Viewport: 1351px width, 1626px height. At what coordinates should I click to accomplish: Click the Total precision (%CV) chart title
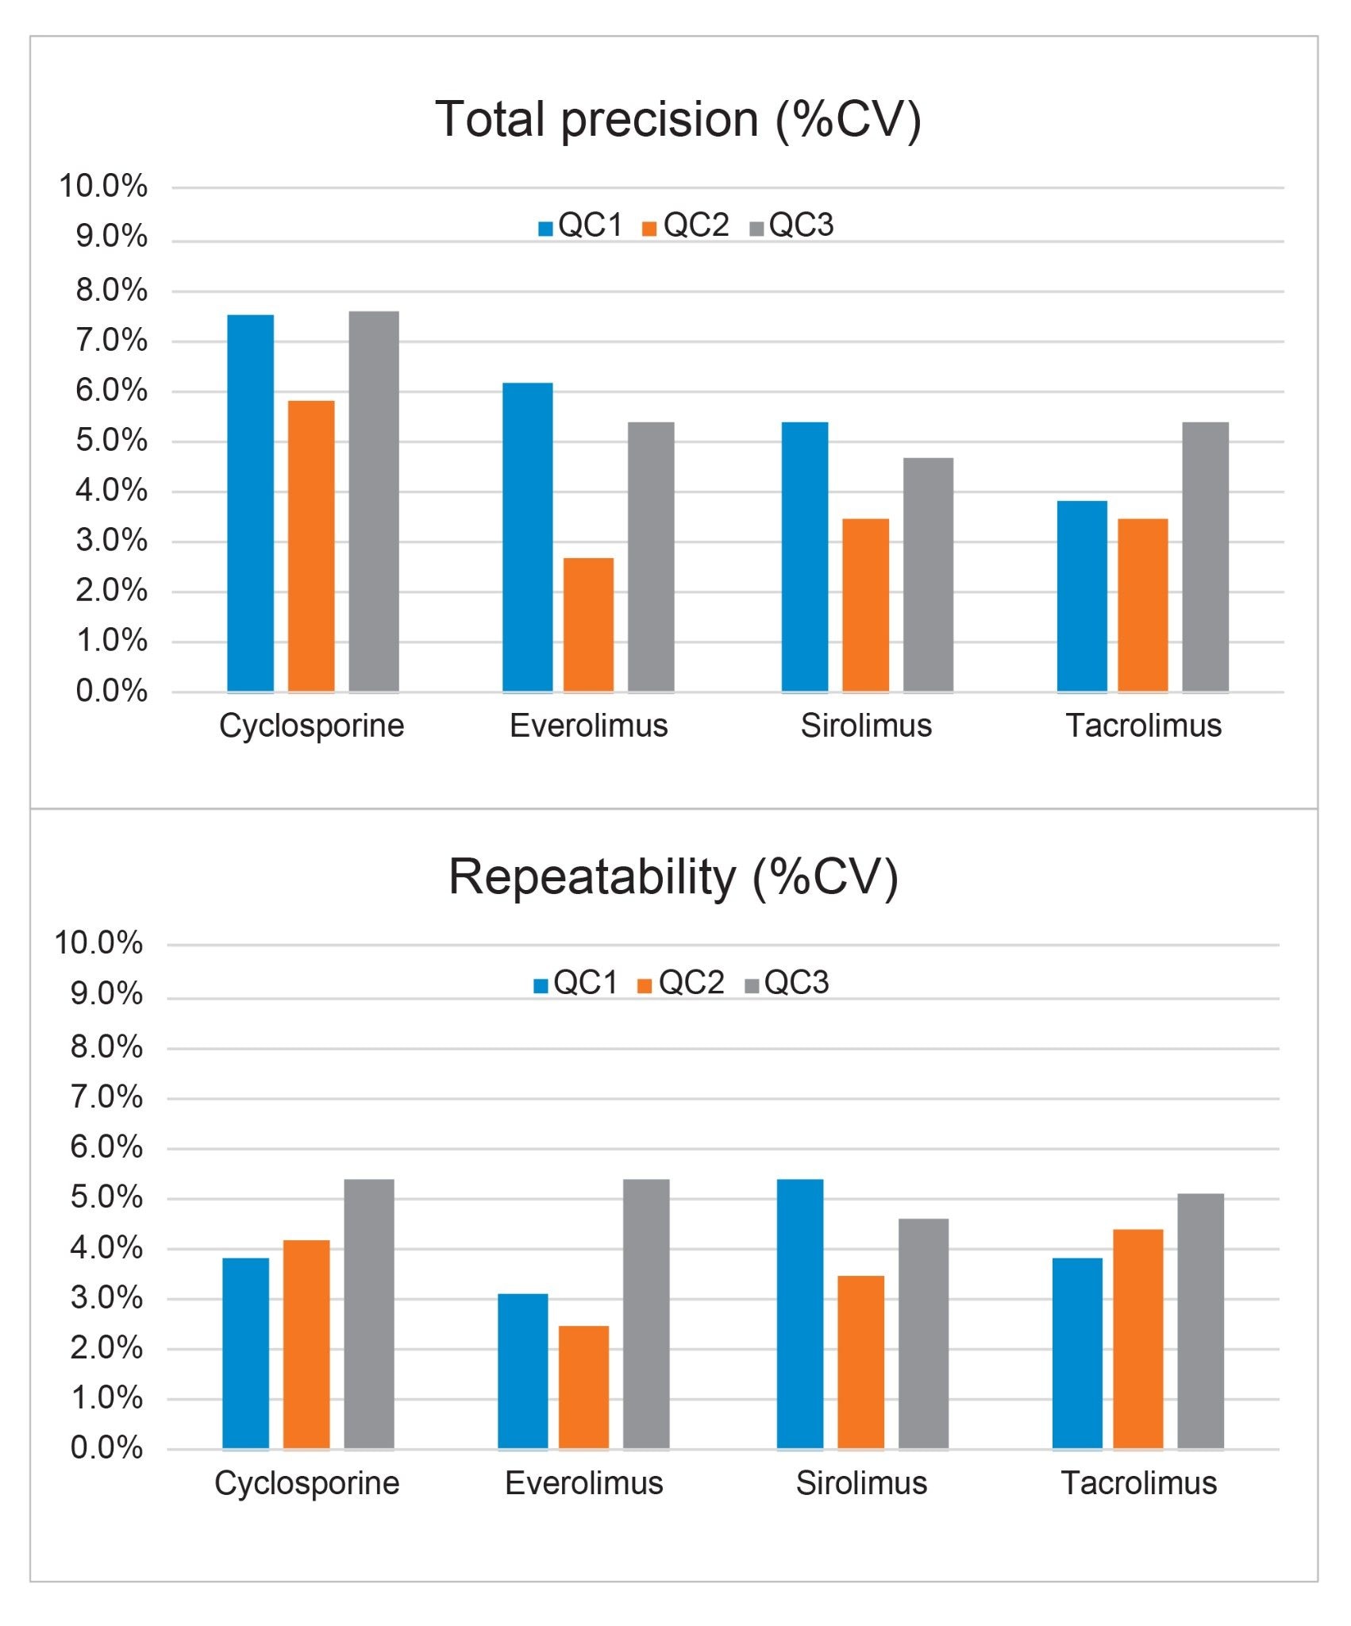point(678,119)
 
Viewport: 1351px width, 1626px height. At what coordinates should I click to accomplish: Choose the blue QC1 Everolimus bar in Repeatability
point(522,1371)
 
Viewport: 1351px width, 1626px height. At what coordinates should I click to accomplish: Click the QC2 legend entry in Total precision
point(687,226)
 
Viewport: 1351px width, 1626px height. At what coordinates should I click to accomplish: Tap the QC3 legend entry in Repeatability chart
point(787,984)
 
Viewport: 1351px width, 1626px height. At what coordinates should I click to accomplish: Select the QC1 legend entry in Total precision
point(581,226)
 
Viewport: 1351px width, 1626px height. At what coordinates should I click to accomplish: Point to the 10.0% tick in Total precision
point(103,187)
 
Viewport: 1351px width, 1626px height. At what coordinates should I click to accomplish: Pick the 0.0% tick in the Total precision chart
point(111,692)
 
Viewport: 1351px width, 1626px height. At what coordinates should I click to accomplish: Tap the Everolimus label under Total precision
point(588,726)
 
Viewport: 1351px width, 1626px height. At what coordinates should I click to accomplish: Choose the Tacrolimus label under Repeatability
point(1138,1483)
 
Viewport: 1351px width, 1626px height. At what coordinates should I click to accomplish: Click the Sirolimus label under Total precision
point(866,726)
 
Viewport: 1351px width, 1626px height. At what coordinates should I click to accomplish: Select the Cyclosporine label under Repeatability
point(307,1483)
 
